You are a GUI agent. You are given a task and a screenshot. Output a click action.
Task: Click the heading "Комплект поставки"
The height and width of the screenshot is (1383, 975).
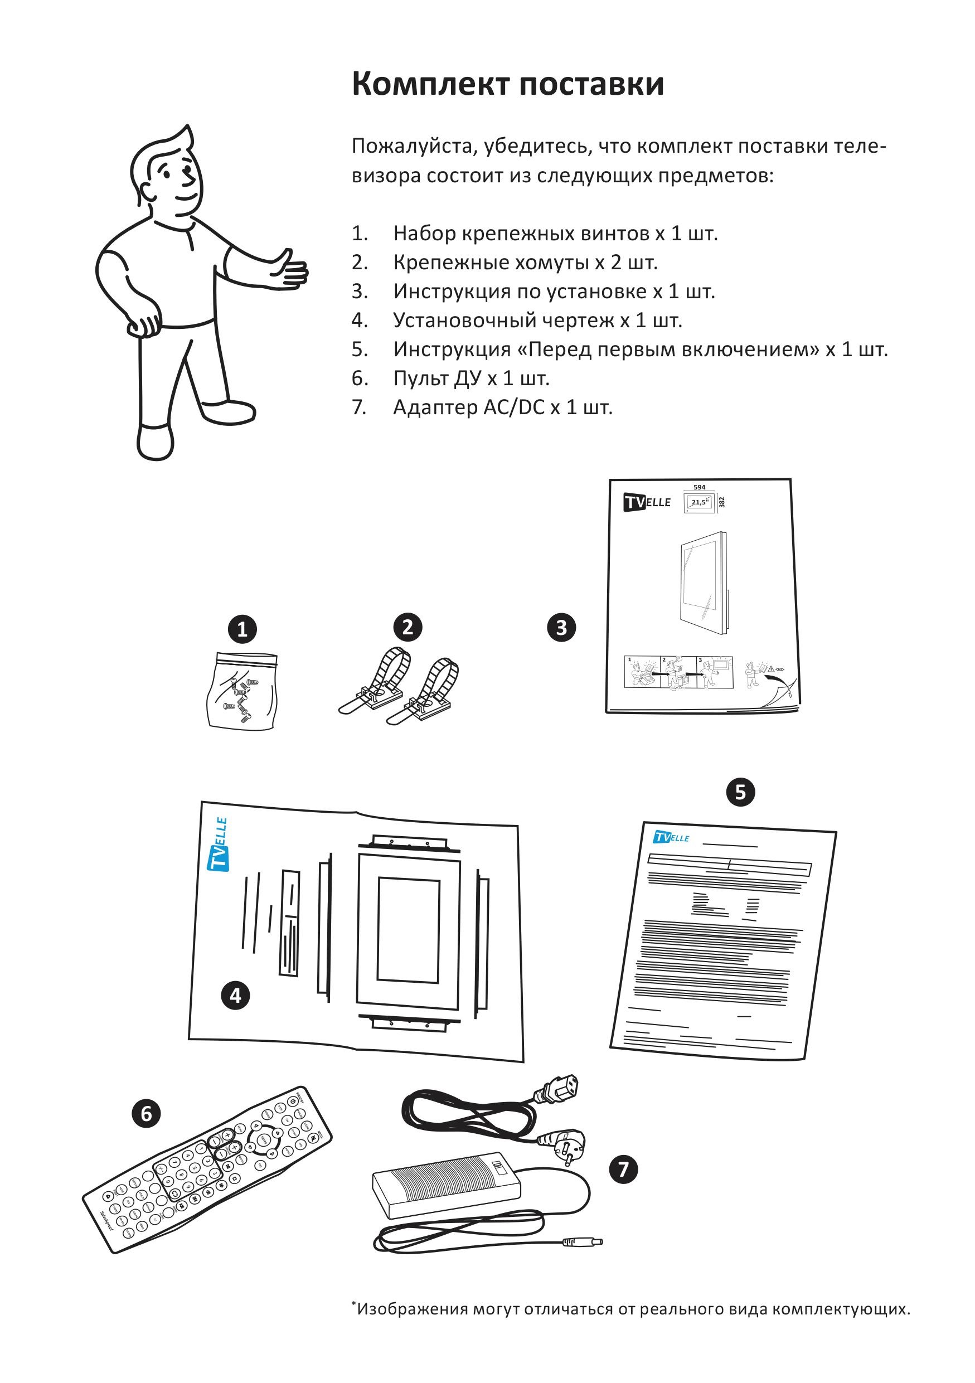click(508, 84)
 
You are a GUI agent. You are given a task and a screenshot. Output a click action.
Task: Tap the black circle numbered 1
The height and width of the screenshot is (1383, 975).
click(242, 629)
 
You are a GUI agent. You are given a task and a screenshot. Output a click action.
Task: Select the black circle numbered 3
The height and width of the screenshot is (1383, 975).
click(561, 628)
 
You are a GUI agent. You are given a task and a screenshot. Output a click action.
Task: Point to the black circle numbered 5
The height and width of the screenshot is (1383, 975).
click(740, 792)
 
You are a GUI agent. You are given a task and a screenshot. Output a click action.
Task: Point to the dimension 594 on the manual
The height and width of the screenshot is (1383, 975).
click(699, 487)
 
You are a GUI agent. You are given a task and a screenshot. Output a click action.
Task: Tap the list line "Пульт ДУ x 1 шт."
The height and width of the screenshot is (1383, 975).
click(471, 378)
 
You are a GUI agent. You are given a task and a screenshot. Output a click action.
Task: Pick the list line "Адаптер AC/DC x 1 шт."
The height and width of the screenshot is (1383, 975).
click(502, 407)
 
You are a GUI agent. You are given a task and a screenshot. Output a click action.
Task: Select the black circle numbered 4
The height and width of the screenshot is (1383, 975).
click(235, 995)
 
